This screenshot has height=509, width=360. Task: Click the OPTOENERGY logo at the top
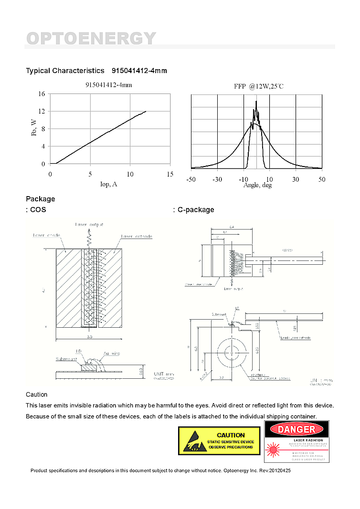tap(91, 38)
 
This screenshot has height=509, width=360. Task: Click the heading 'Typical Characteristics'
tap(65, 71)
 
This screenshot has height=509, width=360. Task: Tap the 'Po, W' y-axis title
tap(34, 127)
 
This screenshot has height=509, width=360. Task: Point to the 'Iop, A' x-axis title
tap(108, 184)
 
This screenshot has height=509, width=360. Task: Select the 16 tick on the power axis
tap(42, 94)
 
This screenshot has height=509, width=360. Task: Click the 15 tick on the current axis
tap(170, 174)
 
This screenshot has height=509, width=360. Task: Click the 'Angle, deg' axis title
tap(257, 185)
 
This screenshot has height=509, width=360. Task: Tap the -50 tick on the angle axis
tap(191, 179)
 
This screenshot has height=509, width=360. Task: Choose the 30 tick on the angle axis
tap(296, 179)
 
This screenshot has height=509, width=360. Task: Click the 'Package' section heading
tap(41, 199)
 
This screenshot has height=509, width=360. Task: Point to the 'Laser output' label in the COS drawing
tap(89, 224)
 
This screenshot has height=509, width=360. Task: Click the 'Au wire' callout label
tap(112, 353)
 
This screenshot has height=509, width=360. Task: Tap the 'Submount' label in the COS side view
tap(66, 359)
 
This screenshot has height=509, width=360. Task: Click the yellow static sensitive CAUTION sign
tap(219, 440)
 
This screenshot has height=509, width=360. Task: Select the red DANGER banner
tap(296, 429)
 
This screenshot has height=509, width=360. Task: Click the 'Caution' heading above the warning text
tap(37, 395)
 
